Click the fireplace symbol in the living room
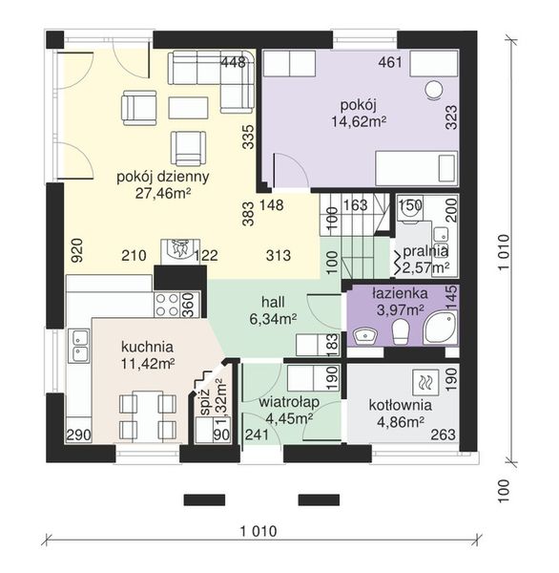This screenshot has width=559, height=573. point(180,251)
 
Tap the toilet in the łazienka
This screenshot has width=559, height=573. point(400,331)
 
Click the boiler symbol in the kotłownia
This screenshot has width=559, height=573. point(425,383)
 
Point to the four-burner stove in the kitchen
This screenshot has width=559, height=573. point(168,304)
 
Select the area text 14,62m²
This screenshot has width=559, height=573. point(359,121)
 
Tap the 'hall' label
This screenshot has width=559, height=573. point(273,302)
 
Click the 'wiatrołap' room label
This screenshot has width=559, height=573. point(289,402)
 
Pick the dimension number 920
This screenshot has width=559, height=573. point(77,250)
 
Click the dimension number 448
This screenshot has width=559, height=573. point(234,62)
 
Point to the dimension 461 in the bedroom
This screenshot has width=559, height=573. point(390,62)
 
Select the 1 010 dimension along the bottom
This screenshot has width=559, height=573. point(259,531)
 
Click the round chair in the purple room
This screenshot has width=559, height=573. point(434,89)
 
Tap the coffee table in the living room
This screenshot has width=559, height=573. point(188,108)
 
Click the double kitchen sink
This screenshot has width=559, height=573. point(78,346)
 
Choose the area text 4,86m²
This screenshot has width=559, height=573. point(401,422)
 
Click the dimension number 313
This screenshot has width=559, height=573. point(279,255)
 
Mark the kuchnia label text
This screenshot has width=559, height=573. point(147,347)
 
